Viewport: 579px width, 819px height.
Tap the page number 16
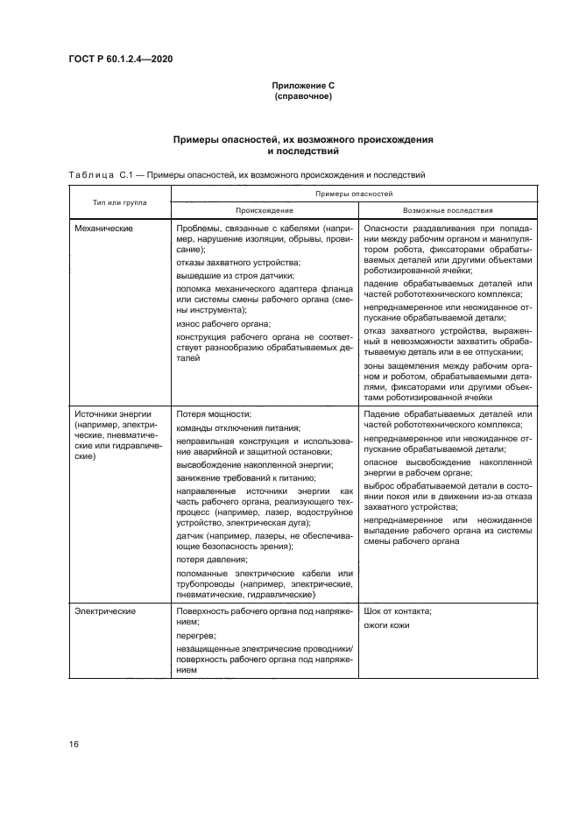click(x=74, y=744)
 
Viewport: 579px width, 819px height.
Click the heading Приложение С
click(x=303, y=85)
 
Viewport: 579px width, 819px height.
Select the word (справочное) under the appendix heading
click(x=303, y=95)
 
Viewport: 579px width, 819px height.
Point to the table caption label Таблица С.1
click(x=99, y=174)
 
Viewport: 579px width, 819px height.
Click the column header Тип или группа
click(x=120, y=202)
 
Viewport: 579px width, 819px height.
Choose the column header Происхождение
click(x=264, y=210)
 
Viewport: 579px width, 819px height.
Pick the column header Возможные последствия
click(x=447, y=210)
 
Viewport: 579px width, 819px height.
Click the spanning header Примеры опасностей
click(x=354, y=193)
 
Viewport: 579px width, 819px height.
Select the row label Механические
click(x=103, y=228)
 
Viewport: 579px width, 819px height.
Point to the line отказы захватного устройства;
click(x=238, y=263)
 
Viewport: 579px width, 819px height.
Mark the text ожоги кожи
click(x=386, y=625)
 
